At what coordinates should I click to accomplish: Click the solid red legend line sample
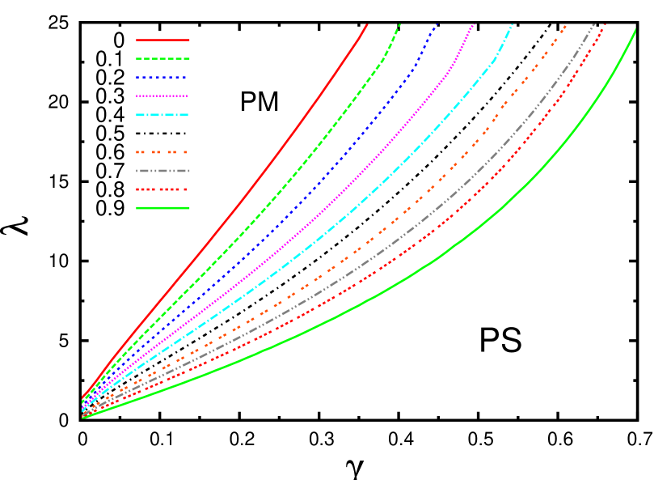(162, 40)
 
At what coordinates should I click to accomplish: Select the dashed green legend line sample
(162, 58)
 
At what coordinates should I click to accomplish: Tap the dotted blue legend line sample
(162, 78)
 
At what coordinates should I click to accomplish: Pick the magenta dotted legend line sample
(162, 96)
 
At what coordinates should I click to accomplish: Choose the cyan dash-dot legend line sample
(162, 115)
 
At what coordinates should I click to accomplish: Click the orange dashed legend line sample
(162, 152)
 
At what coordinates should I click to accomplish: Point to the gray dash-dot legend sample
(162, 171)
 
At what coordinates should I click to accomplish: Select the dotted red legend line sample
(162, 189)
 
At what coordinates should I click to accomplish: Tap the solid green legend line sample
(162, 208)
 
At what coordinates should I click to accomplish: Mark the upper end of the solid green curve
(635, 30)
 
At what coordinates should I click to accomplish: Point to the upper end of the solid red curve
(367, 25)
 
